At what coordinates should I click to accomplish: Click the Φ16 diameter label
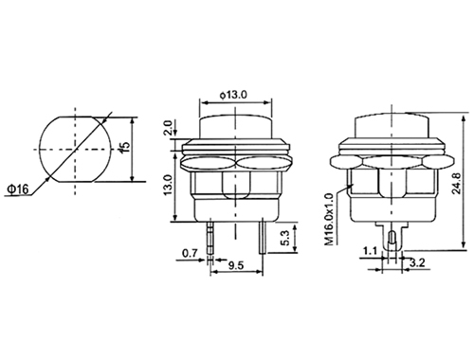pyautogui.click(x=18, y=189)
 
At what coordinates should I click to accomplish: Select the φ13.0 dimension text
pyautogui.click(x=234, y=95)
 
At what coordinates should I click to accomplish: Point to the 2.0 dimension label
pyautogui.click(x=168, y=128)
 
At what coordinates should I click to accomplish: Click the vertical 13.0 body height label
pyautogui.click(x=168, y=185)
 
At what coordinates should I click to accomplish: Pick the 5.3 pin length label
pyautogui.click(x=285, y=238)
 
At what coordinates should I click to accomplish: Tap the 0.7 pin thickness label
pyautogui.click(x=190, y=253)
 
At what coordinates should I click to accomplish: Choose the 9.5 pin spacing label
pyautogui.click(x=236, y=265)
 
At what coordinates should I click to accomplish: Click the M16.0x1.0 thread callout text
pyautogui.click(x=329, y=219)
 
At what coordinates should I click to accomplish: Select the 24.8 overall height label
pyautogui.click(x=457, y=184)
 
